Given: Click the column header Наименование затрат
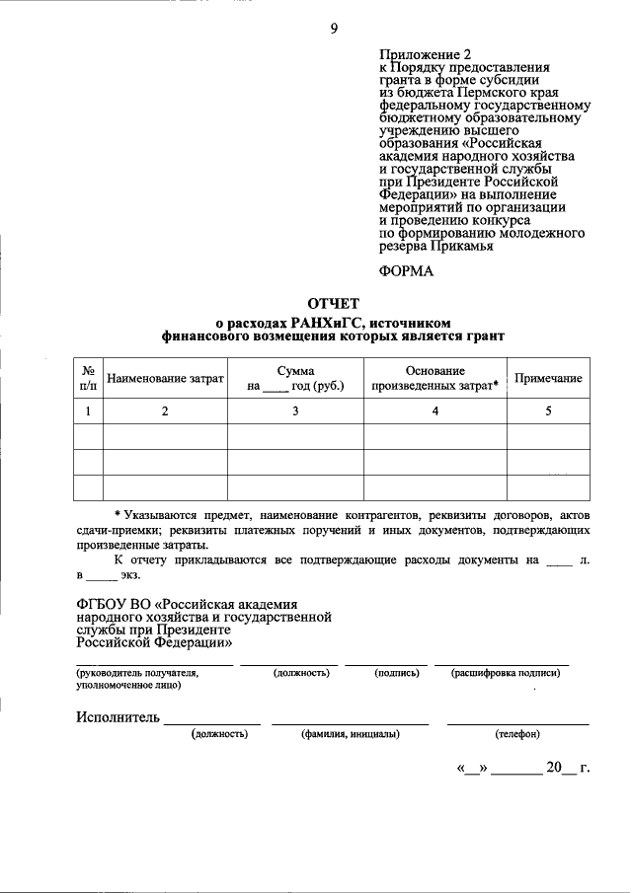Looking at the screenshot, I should click(x=166, y=379).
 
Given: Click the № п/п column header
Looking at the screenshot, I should click(x=88, y=379).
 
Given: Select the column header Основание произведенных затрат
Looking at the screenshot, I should click(x=434, y=379).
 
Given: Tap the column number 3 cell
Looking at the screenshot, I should click(x=295, y=411).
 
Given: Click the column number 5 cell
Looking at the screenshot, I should click(x=548, y=411).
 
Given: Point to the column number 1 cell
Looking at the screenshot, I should click(x=88, y=411).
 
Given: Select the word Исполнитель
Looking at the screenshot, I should click(x=118, y=716).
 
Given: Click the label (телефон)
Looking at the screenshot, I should click(x=516, y=735).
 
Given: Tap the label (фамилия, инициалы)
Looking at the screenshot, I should click(x=350, y=735).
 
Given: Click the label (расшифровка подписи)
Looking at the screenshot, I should click(x=506, y=673).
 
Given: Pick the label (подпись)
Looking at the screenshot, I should click(x=397, y=673).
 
